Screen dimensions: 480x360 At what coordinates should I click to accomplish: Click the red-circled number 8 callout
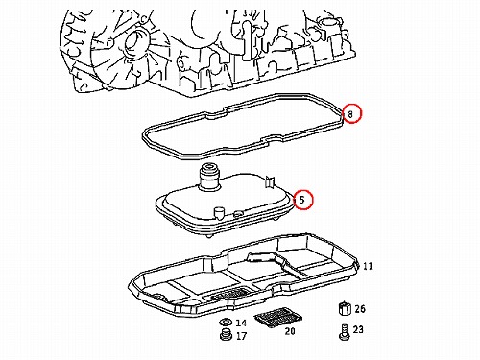pyautogui.click(x=351, y=113)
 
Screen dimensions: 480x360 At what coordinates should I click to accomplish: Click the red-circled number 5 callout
pyautogui.click(x=302, y=200)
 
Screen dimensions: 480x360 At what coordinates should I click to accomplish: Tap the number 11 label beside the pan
pyautogui.click(x=368, y=266)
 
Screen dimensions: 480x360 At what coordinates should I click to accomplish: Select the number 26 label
pyautogui.click(x=360, y=309)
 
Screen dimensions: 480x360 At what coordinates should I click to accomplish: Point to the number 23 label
pyautogui.click(x=358, y=329)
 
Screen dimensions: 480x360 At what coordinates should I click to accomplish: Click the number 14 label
pyautogui.click(x=241, y=323)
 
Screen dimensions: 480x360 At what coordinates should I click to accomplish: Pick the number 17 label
pyautogui.click(x=241, y=336)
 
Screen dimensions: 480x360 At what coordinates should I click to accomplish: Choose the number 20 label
pyautogui.click(x=290, y=331)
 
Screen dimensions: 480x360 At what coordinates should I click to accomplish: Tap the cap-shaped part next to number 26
pyautogui.click(x=344, y=308)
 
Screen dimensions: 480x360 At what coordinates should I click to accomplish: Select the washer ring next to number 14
pyautogui.click(x=226, y=322)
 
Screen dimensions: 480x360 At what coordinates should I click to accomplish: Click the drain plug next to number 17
pyautogui.click(x=226, y=334)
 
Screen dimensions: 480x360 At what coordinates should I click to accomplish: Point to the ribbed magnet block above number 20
pyautogui.click(x=278, y=317)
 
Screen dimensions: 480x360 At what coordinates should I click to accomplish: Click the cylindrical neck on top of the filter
pyautogui.click(x=208, y=177)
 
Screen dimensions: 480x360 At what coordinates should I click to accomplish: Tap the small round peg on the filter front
pyautogui.click(x=219, y=212)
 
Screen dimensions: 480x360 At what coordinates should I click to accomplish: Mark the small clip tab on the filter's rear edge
pyautogui.click(x=270, y=181)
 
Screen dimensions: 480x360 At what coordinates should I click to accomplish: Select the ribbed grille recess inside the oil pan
pyautogui.click(x=229, y=294)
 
